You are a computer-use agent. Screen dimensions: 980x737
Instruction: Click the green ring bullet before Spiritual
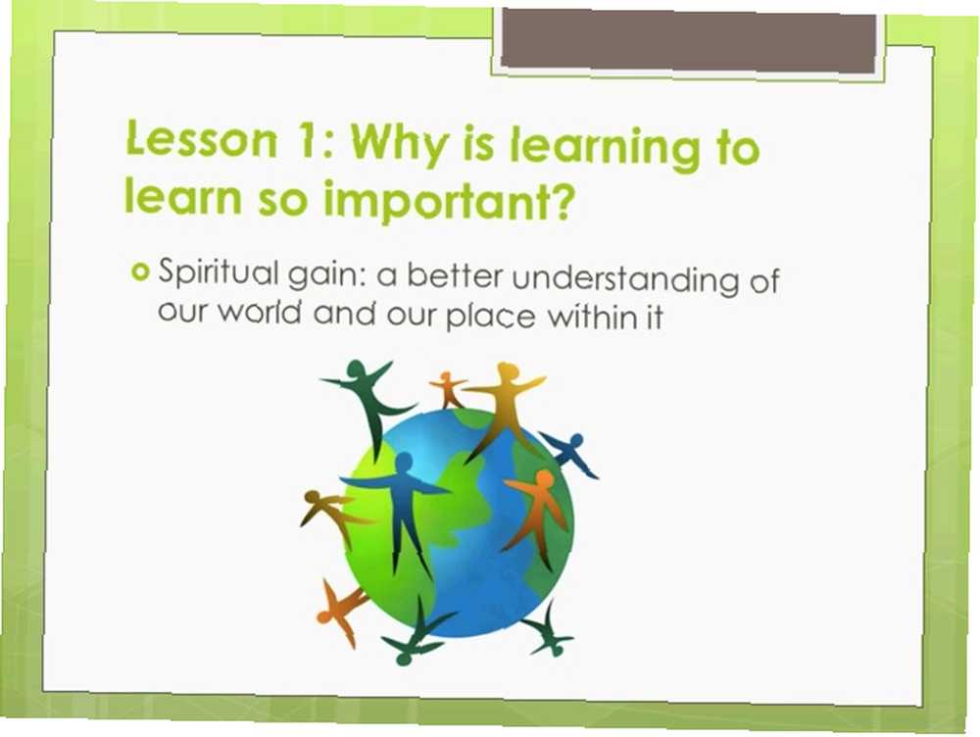click(140, 272)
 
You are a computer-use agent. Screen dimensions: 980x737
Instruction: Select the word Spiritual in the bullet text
click(219, 272)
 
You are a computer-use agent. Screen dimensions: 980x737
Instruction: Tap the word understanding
click(625, 279)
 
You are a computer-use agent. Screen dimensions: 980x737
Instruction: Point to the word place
click(491, 316)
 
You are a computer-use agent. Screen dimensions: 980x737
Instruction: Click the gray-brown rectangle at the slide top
click(689, 40)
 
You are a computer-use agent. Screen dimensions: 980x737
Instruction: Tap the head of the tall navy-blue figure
click(404, 463)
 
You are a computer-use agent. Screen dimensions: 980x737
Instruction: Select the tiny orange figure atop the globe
click(448, 389)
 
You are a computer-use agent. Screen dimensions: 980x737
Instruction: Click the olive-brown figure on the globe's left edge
click(330, 514)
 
